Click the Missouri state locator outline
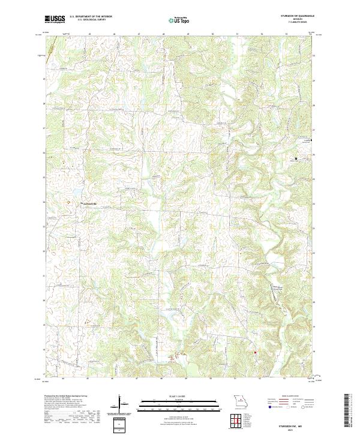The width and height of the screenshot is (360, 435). [x=239, y=401]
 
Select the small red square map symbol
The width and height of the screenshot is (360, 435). [x=255, y=352]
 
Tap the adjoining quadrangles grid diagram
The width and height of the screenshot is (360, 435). [x=238, y=422]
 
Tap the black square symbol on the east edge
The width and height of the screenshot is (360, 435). [x=311, y=140]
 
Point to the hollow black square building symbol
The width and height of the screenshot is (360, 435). [x=296, y=159]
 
